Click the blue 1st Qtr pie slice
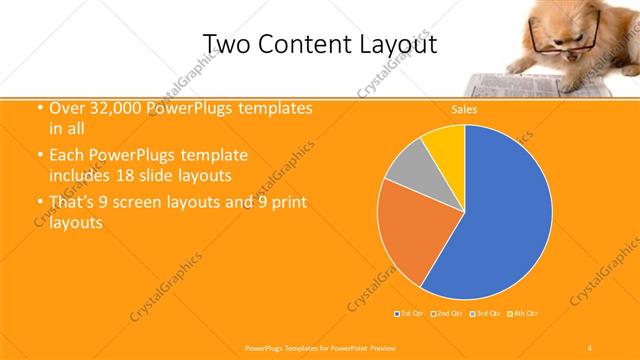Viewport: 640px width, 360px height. (500, 220)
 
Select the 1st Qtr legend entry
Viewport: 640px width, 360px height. (408, 314)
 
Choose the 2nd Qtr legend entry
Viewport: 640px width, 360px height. (446, 314)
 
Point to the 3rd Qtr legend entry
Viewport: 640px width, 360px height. (486, 314)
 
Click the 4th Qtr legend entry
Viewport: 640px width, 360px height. (524, 314)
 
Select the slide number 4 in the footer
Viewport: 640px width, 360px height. (590, 347)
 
